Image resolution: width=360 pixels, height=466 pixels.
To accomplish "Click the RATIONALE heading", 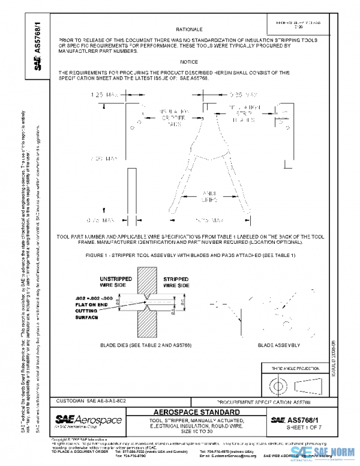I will (x=188, y=29).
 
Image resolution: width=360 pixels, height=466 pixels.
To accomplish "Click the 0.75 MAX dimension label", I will (x=99, y=220).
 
